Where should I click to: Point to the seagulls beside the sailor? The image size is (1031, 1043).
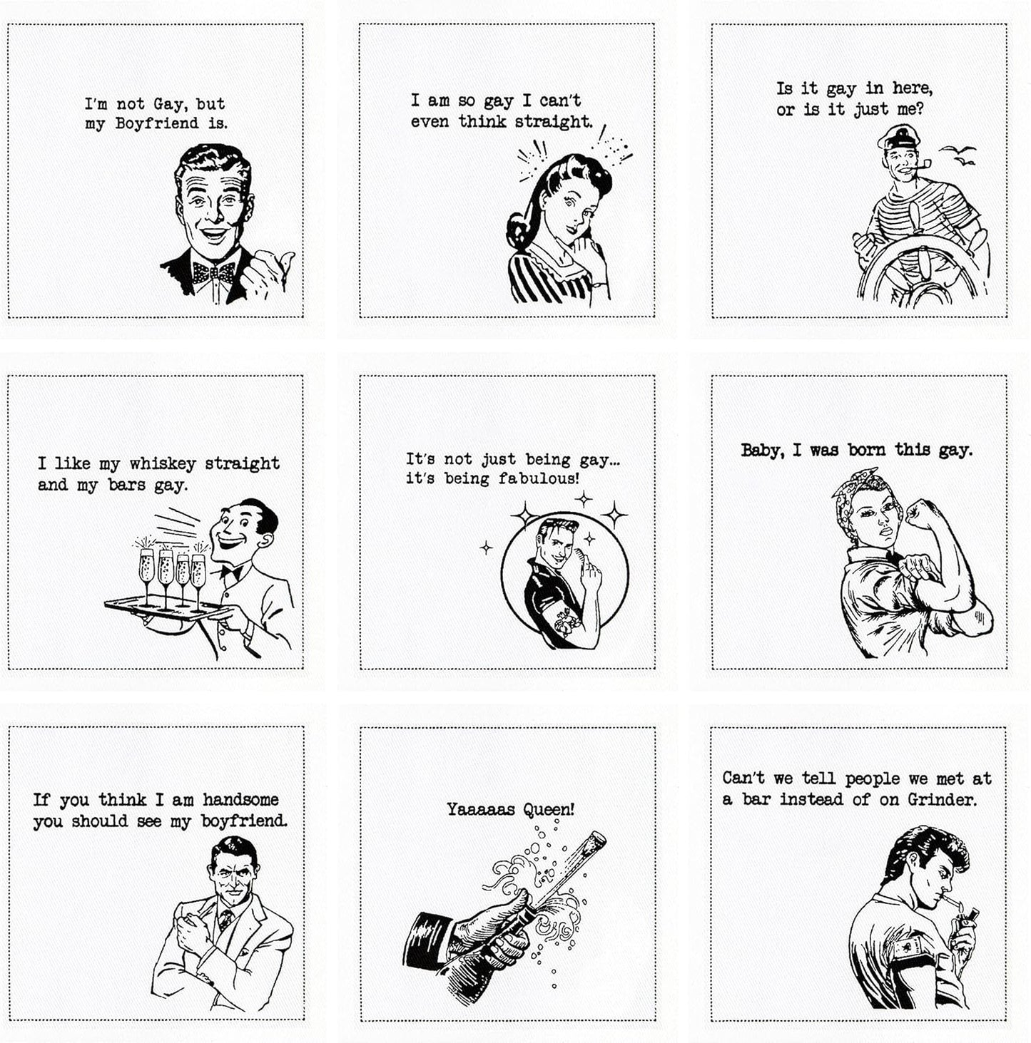pos(958,155)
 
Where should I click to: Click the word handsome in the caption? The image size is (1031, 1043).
pos(240,800)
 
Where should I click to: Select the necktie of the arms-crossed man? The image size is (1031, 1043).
pos(225,920)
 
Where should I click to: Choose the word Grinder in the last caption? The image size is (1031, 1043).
pos(941,800)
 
